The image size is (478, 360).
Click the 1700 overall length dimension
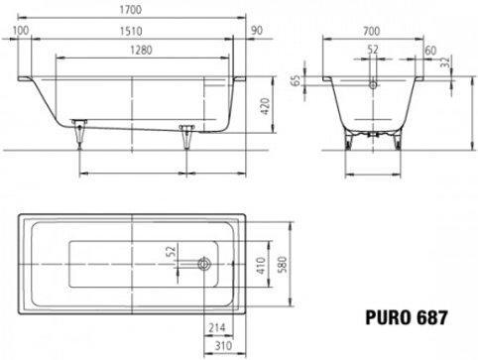(x=131, y=10)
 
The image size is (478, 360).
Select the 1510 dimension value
(x=131, y=31)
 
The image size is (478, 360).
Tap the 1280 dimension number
(x=141, y=51)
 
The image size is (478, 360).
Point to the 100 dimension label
(x=21, y=31)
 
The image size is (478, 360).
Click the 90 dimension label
(x=257, y=31)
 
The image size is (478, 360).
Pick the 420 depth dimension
(x=266, y=106)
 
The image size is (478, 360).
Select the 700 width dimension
(x=372, y=31)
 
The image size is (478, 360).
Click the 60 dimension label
(x=430, y=51)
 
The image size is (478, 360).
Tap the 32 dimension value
(x=446, y=61)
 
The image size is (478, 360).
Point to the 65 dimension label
(x=296, y=80)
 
